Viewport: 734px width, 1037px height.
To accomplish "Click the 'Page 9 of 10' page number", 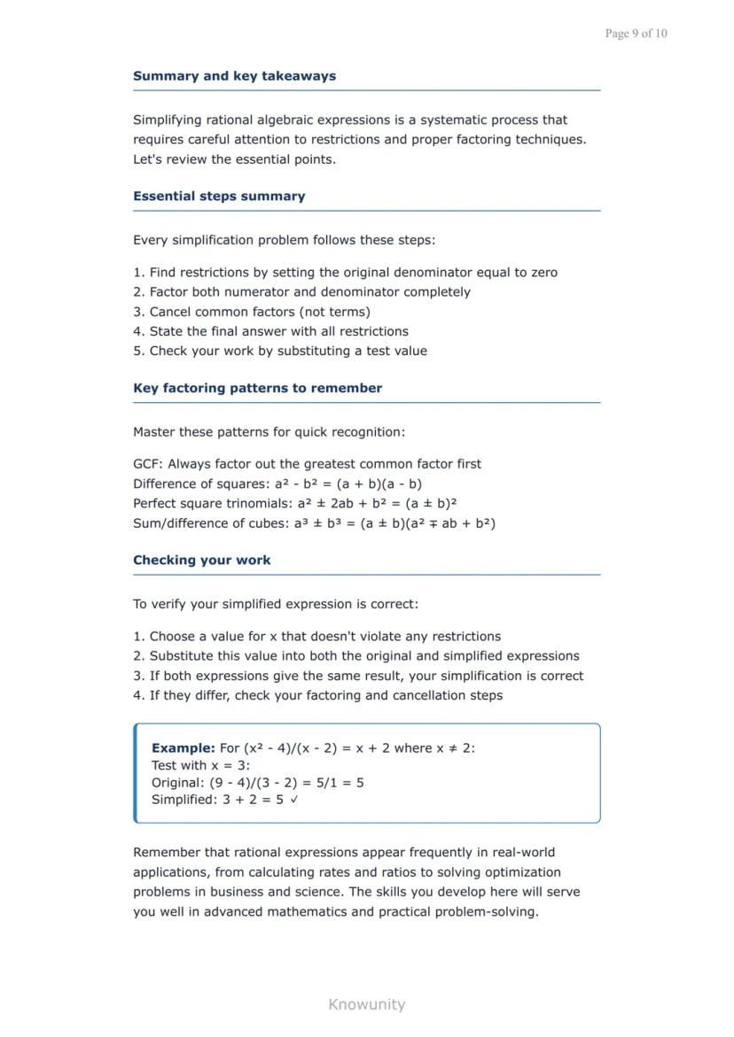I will coord(636,34).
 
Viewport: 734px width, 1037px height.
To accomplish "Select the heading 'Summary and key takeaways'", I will coord(234,76).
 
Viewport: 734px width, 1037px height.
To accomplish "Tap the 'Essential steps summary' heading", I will coord(219,197).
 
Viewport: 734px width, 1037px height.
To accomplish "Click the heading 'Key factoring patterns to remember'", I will coord(257,388).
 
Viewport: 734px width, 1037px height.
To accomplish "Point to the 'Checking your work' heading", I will coord(202,560).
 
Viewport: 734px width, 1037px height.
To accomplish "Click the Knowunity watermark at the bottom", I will coord(366,1004).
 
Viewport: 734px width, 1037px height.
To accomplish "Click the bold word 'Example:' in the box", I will coord(183,747).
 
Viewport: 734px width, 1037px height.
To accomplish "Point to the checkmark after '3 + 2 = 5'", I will coord(294,800).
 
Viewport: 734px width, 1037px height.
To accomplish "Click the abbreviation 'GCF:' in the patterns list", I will coord(148,464).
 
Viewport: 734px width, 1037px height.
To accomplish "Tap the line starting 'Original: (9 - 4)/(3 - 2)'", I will coord(257,783).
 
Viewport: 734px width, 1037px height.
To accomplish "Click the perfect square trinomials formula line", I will coord(294,504).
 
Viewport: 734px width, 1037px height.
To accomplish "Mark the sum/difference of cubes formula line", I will coord(314,523).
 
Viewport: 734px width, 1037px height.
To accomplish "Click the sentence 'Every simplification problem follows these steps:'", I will coord(284,240).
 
